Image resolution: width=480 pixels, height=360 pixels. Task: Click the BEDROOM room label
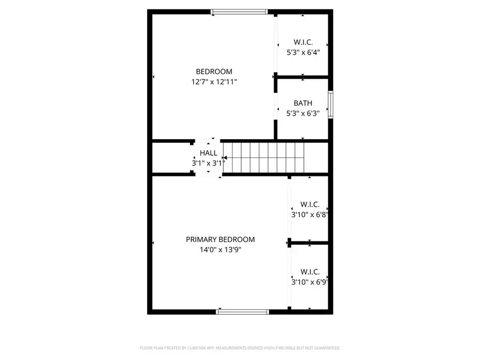click(214, 71)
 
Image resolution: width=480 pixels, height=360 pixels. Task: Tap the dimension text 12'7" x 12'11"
click(214, 82)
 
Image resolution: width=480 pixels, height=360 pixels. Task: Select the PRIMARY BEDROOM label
click(220, 239)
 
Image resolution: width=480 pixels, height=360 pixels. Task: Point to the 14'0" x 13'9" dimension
click(220, 250)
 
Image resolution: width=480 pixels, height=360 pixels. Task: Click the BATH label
click(303, 103)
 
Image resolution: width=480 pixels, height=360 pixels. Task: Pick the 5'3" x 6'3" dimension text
click(303, 113)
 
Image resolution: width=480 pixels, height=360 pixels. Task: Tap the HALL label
click(209, 153)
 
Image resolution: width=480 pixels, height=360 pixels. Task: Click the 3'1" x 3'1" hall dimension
click(209, 163)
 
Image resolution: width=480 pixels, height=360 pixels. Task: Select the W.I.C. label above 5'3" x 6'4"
click(303, 42)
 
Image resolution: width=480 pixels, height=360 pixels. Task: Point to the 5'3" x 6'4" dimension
click(303, 52)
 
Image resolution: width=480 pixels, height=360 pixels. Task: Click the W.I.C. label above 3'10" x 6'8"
click(310, 204)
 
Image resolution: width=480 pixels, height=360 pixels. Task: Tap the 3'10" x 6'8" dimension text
click(309, 214)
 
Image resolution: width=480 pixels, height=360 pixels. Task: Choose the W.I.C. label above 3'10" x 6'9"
click(310, 271)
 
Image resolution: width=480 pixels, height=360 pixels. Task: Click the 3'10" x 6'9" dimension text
click(309, 282)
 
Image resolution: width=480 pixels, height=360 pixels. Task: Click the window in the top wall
click(239, 11)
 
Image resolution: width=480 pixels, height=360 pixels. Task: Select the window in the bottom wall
click(243, 311)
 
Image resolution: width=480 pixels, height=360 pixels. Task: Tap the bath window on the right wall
click(331, 104)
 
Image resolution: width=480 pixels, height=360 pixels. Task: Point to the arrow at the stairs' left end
click(225, 158)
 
